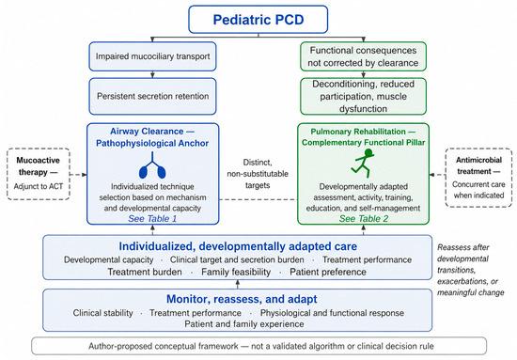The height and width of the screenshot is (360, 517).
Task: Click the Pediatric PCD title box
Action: tap(258, 20)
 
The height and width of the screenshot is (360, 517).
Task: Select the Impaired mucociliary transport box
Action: tap(152, 56)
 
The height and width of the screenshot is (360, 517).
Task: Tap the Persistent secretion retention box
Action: tap(152, 96)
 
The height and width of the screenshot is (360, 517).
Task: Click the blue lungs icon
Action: tap(152, 165)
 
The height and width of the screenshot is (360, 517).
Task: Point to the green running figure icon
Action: tap(363, 163)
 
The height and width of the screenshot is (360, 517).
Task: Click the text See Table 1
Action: tap(152, 219)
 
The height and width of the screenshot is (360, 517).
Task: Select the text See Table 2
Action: tap(364, 219)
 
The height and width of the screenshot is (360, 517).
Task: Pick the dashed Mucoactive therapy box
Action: tap(39, 174)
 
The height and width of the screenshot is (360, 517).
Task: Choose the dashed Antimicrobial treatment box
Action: tap(478, 178)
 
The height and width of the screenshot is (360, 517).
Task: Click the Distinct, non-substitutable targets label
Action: tap(258, 174)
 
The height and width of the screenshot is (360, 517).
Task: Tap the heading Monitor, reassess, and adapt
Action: tap(242, 299)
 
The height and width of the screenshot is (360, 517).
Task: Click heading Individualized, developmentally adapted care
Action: tap(238, 246)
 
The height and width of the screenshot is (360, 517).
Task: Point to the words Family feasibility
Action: tap(236, 272)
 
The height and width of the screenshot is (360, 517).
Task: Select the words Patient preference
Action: tap(328, 272)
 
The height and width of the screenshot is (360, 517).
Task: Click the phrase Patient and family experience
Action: tap(244, 324)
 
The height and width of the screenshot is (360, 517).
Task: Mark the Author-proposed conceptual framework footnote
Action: tap(259, 346)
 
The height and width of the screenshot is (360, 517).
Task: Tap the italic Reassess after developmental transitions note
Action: tap(471, 270)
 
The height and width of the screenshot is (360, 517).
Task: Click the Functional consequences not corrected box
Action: tap(363, 56)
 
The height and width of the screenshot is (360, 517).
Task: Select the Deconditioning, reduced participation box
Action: tap(363, 96)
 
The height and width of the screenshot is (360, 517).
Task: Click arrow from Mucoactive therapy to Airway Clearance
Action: tap(78, 175)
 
